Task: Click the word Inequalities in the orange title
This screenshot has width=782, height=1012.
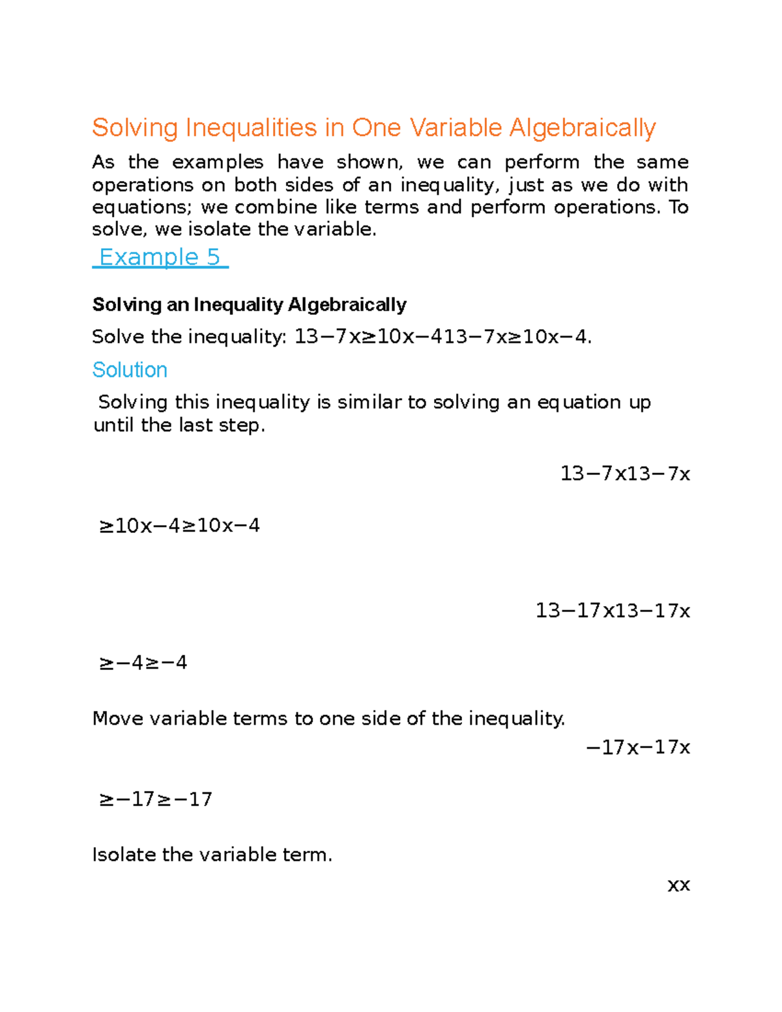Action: pyautogui.click(x=251, y=128)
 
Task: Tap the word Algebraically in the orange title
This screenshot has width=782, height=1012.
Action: pyautogui.click(x=582, y=128)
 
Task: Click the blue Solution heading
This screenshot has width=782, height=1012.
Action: pyautogui.click(x=130, y=369)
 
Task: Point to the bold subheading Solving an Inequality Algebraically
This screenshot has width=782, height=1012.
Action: pyautogui.click(x=249, y=304)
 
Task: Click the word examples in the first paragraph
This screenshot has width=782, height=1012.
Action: pyautogui.click(x=218, y=162)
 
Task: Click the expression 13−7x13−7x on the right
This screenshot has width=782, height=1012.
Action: pyautogui.click(x=624, y=473)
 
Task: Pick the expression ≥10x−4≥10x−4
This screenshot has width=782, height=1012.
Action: pyautogui.click(x=179, y=525)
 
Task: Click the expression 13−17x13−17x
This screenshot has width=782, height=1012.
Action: pyautogui.click(x=612, y=611)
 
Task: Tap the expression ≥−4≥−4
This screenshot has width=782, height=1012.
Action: pyautogui.click(x=143, y=663)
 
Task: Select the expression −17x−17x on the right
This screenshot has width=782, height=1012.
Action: pyautogui.click(x=637, y=747)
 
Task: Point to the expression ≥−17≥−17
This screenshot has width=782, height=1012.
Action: pyautogui.click(x=155, y=799)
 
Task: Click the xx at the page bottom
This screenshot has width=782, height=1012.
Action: pyautogui.click(x=678, y=885)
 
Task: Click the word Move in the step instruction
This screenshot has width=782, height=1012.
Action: pyautogui.click(x=118, y=718)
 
